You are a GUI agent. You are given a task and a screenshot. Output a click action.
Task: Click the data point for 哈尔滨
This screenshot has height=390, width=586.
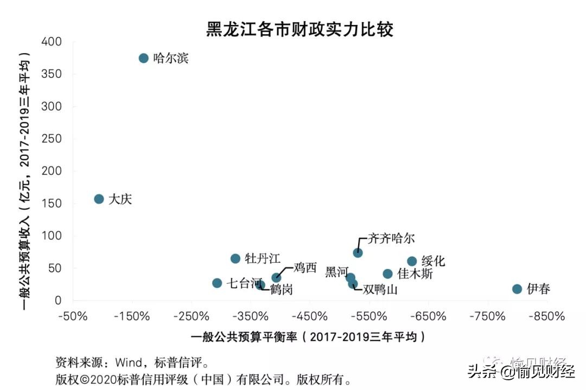tap(143, 58)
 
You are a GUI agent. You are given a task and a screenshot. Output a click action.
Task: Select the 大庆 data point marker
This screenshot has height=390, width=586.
tap(99, 199)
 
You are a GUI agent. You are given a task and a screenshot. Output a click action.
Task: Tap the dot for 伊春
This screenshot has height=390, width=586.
tap(517, 289)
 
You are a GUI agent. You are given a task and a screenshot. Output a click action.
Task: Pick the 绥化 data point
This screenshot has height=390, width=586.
tap(412, 261)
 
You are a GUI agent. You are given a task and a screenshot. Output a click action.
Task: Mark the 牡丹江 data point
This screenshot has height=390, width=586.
tap(235, 258)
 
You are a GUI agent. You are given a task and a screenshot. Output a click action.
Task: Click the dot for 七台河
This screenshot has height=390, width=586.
tap(217, 283)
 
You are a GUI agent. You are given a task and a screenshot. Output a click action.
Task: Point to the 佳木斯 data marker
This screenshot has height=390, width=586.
tap(387, 274)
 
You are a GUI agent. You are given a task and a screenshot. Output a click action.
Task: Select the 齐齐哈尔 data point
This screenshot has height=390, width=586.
tap(358, 252)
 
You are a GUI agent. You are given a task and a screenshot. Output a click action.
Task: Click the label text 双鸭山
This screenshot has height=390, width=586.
tap(380, 290)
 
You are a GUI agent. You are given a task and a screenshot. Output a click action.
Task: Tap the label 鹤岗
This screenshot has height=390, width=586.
tap(281, 290)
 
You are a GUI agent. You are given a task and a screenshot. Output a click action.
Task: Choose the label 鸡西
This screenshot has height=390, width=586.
tap(304, 268)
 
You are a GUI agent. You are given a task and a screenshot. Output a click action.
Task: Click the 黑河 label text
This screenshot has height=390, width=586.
tap(336, 272)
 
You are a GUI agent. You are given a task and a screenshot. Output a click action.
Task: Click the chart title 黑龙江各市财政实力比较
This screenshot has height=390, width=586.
tap(300, 29)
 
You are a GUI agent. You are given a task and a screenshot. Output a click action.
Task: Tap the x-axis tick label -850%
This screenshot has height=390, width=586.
tap(549, 316)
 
